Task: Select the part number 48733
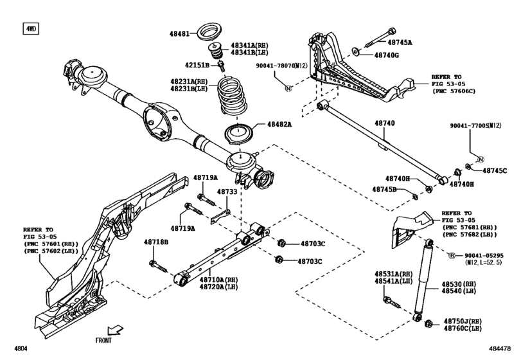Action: pos(226,192)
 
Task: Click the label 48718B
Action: pos(155,242)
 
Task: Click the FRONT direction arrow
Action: pos(116,330)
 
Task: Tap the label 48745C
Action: pos(495,170)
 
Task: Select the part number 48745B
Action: pos(385,189)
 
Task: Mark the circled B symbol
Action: pos(452,255)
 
